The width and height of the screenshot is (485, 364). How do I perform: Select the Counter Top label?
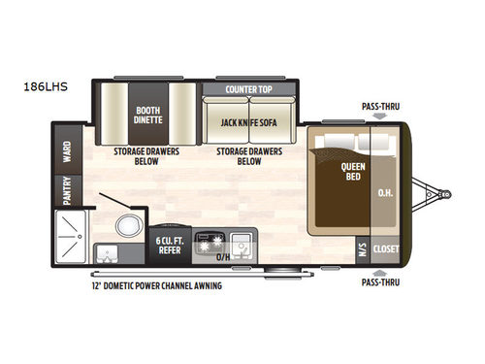point(247,89)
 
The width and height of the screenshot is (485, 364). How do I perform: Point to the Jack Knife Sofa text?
point(248,122)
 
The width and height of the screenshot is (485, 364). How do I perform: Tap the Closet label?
point(385,248)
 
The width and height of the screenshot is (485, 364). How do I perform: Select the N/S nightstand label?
point(361,248)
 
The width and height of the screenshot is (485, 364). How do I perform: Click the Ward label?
point(67,153)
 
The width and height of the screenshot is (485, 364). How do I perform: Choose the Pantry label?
point(67,191)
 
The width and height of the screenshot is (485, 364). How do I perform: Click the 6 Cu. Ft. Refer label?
point(170,245)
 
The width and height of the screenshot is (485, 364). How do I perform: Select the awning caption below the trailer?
point(153,285)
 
